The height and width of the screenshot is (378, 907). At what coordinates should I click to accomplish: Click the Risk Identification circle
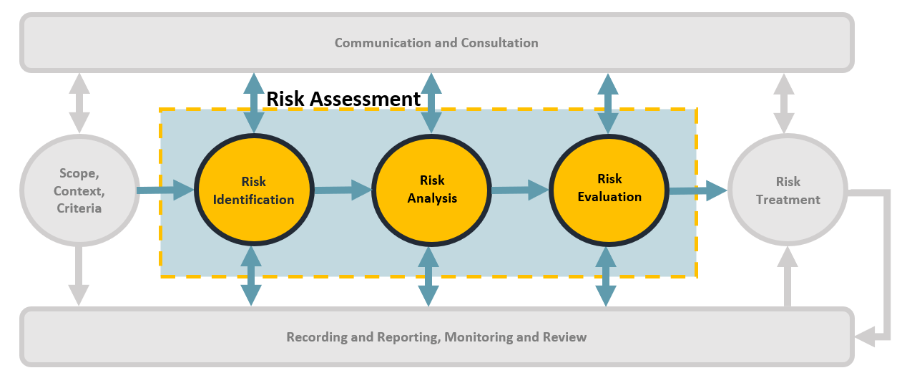click(253, 190)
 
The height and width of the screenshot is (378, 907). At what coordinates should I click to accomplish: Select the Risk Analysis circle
click(431, 190)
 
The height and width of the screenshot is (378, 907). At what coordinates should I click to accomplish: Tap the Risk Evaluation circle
click(609, 188)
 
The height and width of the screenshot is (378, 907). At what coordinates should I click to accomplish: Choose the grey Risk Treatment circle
click(787, 190)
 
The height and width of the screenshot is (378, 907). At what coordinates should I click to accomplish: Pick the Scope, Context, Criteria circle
click(79, 190)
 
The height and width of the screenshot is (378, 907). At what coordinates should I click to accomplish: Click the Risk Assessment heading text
click(343, 99)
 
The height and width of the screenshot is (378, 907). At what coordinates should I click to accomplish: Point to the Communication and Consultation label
click(436, 43)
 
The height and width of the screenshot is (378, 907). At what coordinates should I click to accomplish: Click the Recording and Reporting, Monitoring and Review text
click(436, 337)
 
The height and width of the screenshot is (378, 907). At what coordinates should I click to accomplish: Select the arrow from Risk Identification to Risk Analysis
click(343, 190)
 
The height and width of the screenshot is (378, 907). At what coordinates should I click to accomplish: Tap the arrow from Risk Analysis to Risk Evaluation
click(520, 190)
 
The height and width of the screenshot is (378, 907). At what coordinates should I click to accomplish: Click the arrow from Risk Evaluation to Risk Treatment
click(697, 190)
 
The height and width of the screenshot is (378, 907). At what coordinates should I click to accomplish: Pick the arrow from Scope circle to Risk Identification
click(165, 190)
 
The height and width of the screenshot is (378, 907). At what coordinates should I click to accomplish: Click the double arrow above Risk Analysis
click(431, 102)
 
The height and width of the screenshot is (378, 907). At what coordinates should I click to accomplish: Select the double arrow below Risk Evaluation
click(606, 276)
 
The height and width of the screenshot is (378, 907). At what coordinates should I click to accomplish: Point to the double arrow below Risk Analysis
click(428, 276)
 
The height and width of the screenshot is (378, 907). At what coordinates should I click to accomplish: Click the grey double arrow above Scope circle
click(79, 102)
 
